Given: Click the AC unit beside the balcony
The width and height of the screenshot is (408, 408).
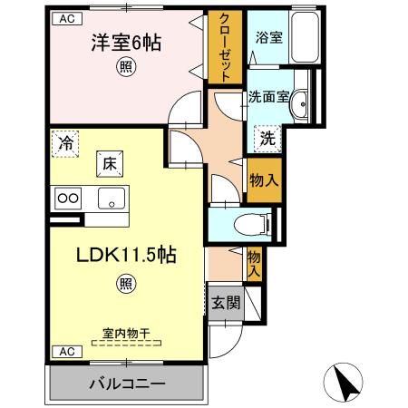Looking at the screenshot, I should (65, 351).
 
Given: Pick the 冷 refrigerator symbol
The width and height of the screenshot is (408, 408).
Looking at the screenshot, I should (64, 141).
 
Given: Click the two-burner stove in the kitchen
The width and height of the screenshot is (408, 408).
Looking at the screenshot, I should (70, 198).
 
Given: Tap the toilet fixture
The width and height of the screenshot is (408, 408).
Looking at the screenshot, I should (245, 223).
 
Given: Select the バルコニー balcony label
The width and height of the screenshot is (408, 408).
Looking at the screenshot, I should (126, 384).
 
